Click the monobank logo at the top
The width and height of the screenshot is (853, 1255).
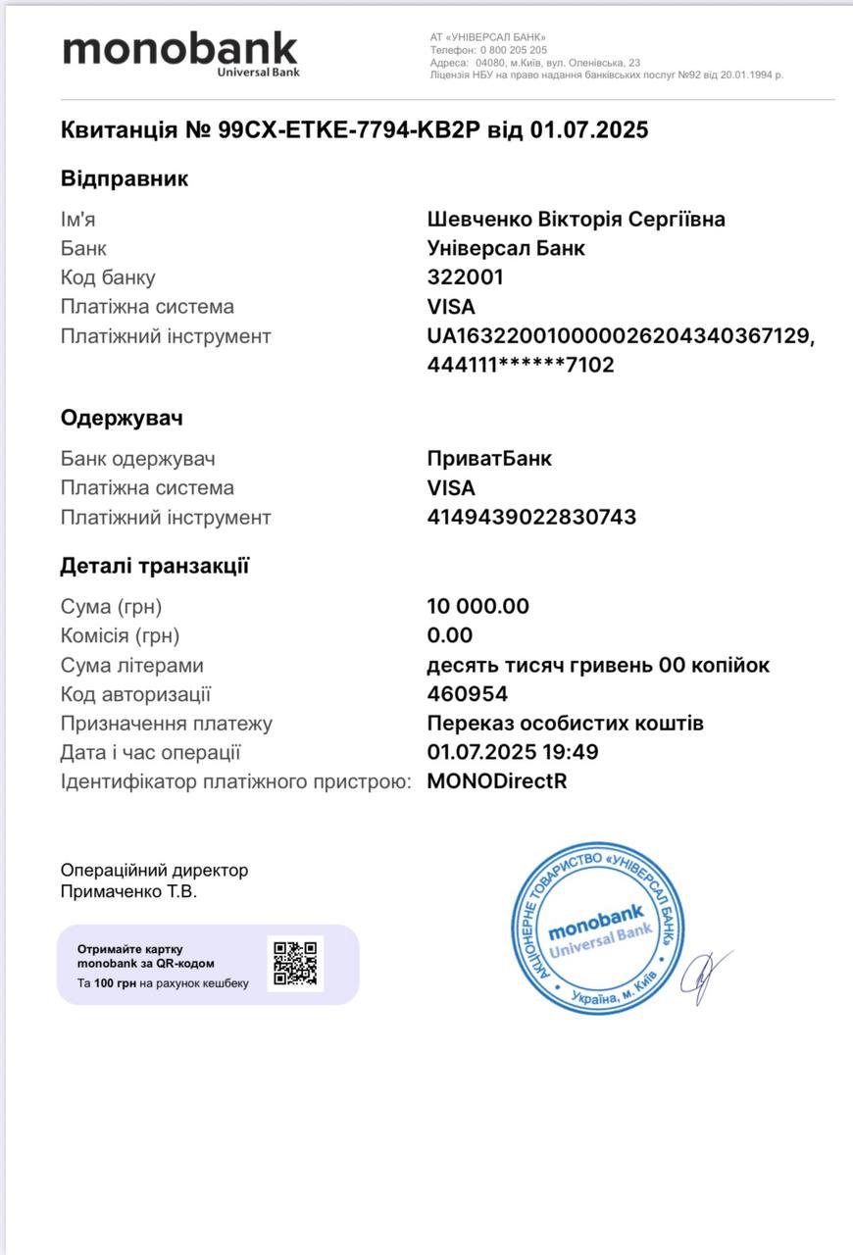click(x=180, y=52)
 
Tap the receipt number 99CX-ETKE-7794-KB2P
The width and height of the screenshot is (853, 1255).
click(x=349, y=130)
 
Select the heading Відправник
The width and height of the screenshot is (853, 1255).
click(x=125, y=178)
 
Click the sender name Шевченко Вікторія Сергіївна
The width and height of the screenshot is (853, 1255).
click(x=576, y=219)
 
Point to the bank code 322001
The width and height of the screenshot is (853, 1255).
click(x=465, y=277)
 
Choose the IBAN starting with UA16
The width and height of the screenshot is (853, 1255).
click(x=620, y=336)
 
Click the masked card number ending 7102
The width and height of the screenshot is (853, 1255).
click(x=521, y=366)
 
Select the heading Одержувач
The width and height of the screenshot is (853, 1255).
click(x=122, y=418)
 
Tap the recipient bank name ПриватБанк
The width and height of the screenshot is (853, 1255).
click(x=489, y=459)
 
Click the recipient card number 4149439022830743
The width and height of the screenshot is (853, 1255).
click(x=531, y=518)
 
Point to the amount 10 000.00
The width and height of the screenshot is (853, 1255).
click(x=477, y=606)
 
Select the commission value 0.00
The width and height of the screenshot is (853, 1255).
click(x=449, y=635)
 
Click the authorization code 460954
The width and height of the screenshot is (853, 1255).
click(x=467, y=694)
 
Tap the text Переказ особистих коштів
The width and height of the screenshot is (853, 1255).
click(x=565, y=724)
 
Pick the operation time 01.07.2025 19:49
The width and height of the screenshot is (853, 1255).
click(x=512, y=753)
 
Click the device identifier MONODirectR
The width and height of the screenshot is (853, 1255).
click(x=496, y=782)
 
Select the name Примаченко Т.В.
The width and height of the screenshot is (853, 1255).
click(x=128, y=891)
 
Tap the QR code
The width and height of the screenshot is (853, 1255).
click(x=295, y=963)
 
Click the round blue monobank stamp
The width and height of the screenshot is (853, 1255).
click(x=596, y=928)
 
